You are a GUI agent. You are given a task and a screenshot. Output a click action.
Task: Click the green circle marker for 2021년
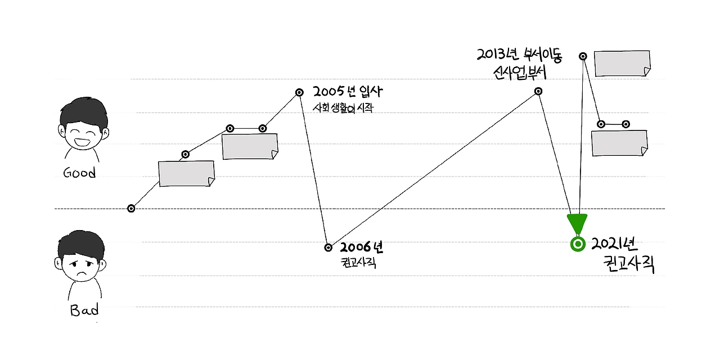[x=577, y=244]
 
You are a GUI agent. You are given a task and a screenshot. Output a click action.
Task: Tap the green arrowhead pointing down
[x=577, y=224]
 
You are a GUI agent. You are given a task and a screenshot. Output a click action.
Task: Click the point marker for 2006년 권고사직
[x=328, y=247]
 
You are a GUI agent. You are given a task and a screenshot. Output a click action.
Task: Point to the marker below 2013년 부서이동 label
[x=538, y=91]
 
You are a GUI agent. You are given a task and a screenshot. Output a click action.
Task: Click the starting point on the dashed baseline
[x=131, y=209]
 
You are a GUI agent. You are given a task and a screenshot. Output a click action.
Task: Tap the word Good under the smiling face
[x=79, y=173]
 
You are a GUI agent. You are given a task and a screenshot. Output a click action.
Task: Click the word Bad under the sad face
[x=84, y=310]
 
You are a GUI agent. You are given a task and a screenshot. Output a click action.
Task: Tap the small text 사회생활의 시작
[x=343, y=107]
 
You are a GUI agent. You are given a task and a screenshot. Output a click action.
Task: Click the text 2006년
[x=361, y=246]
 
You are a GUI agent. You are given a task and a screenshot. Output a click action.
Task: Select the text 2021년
[x=613, y=244]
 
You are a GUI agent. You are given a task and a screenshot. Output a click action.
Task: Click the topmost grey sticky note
[x=622, y=64]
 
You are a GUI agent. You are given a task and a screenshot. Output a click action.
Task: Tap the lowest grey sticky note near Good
[x=187, y=174]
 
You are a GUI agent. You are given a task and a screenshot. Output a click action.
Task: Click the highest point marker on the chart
[x=583, y=56]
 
